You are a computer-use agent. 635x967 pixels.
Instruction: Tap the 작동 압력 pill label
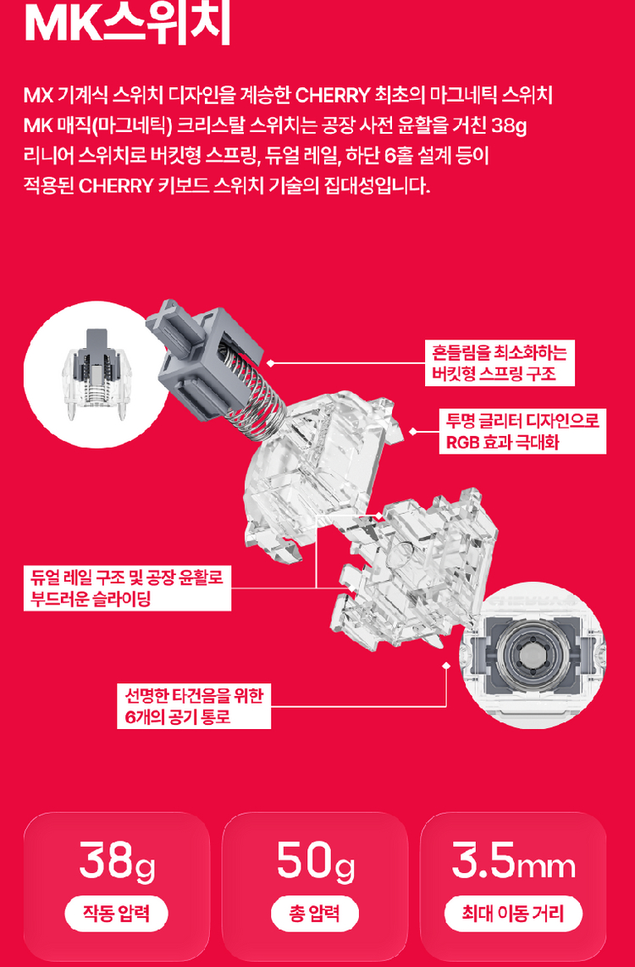coord(117,915)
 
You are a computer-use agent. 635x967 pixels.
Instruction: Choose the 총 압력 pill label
coord(315,915)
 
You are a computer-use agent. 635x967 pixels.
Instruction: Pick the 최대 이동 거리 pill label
coord(513,915)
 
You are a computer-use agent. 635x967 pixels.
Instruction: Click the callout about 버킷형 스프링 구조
coord(500,362)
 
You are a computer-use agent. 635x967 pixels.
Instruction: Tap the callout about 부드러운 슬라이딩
coord(127,588)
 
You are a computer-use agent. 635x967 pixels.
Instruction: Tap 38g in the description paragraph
coord(509,127)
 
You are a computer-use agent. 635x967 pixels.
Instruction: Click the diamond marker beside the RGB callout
coord(412,431)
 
